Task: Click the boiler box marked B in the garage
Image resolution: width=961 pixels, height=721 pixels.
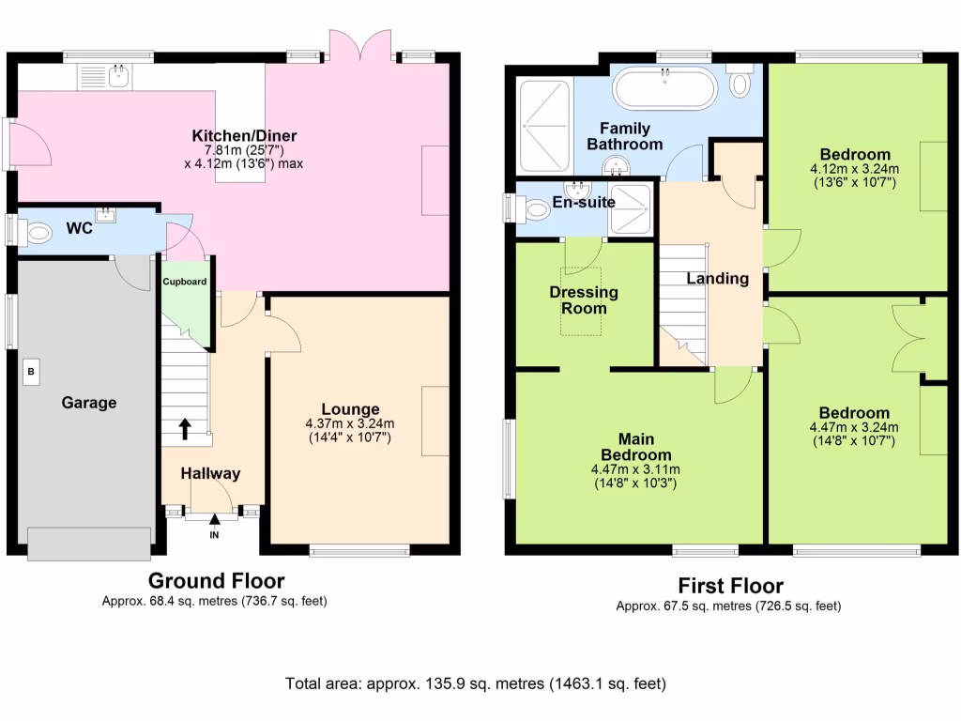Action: click(31, 372)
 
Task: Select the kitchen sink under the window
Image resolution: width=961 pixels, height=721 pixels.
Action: click(104, 77)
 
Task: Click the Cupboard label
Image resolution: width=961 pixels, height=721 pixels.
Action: click(185, 282)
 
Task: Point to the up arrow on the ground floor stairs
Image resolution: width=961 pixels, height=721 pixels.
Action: click(185, 429)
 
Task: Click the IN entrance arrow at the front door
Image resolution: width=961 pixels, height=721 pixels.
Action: click(215, 520)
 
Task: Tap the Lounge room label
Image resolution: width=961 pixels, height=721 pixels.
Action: click(351, 409)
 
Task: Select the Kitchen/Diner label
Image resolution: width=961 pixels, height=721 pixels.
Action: click(244, 135)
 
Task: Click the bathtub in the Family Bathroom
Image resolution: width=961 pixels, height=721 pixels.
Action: click(665, 89)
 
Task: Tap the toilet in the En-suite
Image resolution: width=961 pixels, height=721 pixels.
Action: click(532, 209)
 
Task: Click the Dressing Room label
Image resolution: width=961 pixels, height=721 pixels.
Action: click(584, 300)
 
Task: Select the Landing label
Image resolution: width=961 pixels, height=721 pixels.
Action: click(718, 279)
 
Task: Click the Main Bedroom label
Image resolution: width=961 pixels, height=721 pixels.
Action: click(636, 447)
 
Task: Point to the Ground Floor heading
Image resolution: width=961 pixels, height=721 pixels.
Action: click(217, 580)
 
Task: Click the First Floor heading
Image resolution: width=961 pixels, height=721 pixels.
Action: click(730, 586)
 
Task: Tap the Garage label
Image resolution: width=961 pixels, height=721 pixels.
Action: click(89, 403)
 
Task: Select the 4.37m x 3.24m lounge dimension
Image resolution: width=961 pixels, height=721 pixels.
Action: click(350, 423)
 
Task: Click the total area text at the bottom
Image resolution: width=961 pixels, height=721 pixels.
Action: click(476, 683)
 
